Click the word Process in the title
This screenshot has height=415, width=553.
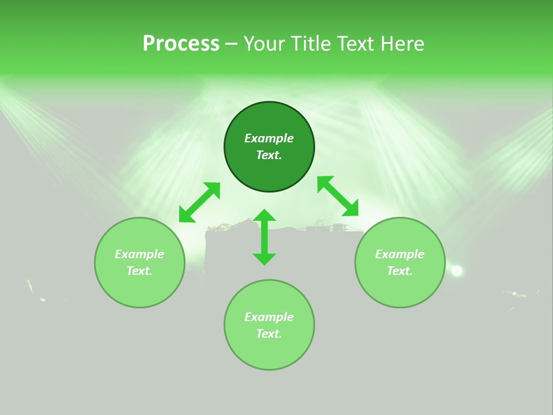(181, 44)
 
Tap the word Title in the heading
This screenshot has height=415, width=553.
(312, 43)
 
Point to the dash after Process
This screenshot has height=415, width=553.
(231, 44)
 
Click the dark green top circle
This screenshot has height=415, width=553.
(269, 147)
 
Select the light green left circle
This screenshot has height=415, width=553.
(139, 262)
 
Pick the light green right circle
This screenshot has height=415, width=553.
(400, 262)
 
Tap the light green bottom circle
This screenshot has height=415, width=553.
(269, 325)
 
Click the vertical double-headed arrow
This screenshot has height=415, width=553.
(264, 237)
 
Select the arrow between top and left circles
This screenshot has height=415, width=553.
(200, 202)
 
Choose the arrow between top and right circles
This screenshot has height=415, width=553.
(338, 196)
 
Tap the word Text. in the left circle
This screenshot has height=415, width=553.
(139, 271)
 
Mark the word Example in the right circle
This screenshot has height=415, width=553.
(400, 254)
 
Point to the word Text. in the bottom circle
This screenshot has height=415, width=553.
(269, 334)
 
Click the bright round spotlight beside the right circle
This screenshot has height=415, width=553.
(457, 271)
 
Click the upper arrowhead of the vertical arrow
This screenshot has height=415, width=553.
(264, 215)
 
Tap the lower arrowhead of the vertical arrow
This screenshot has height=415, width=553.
(264, 260)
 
